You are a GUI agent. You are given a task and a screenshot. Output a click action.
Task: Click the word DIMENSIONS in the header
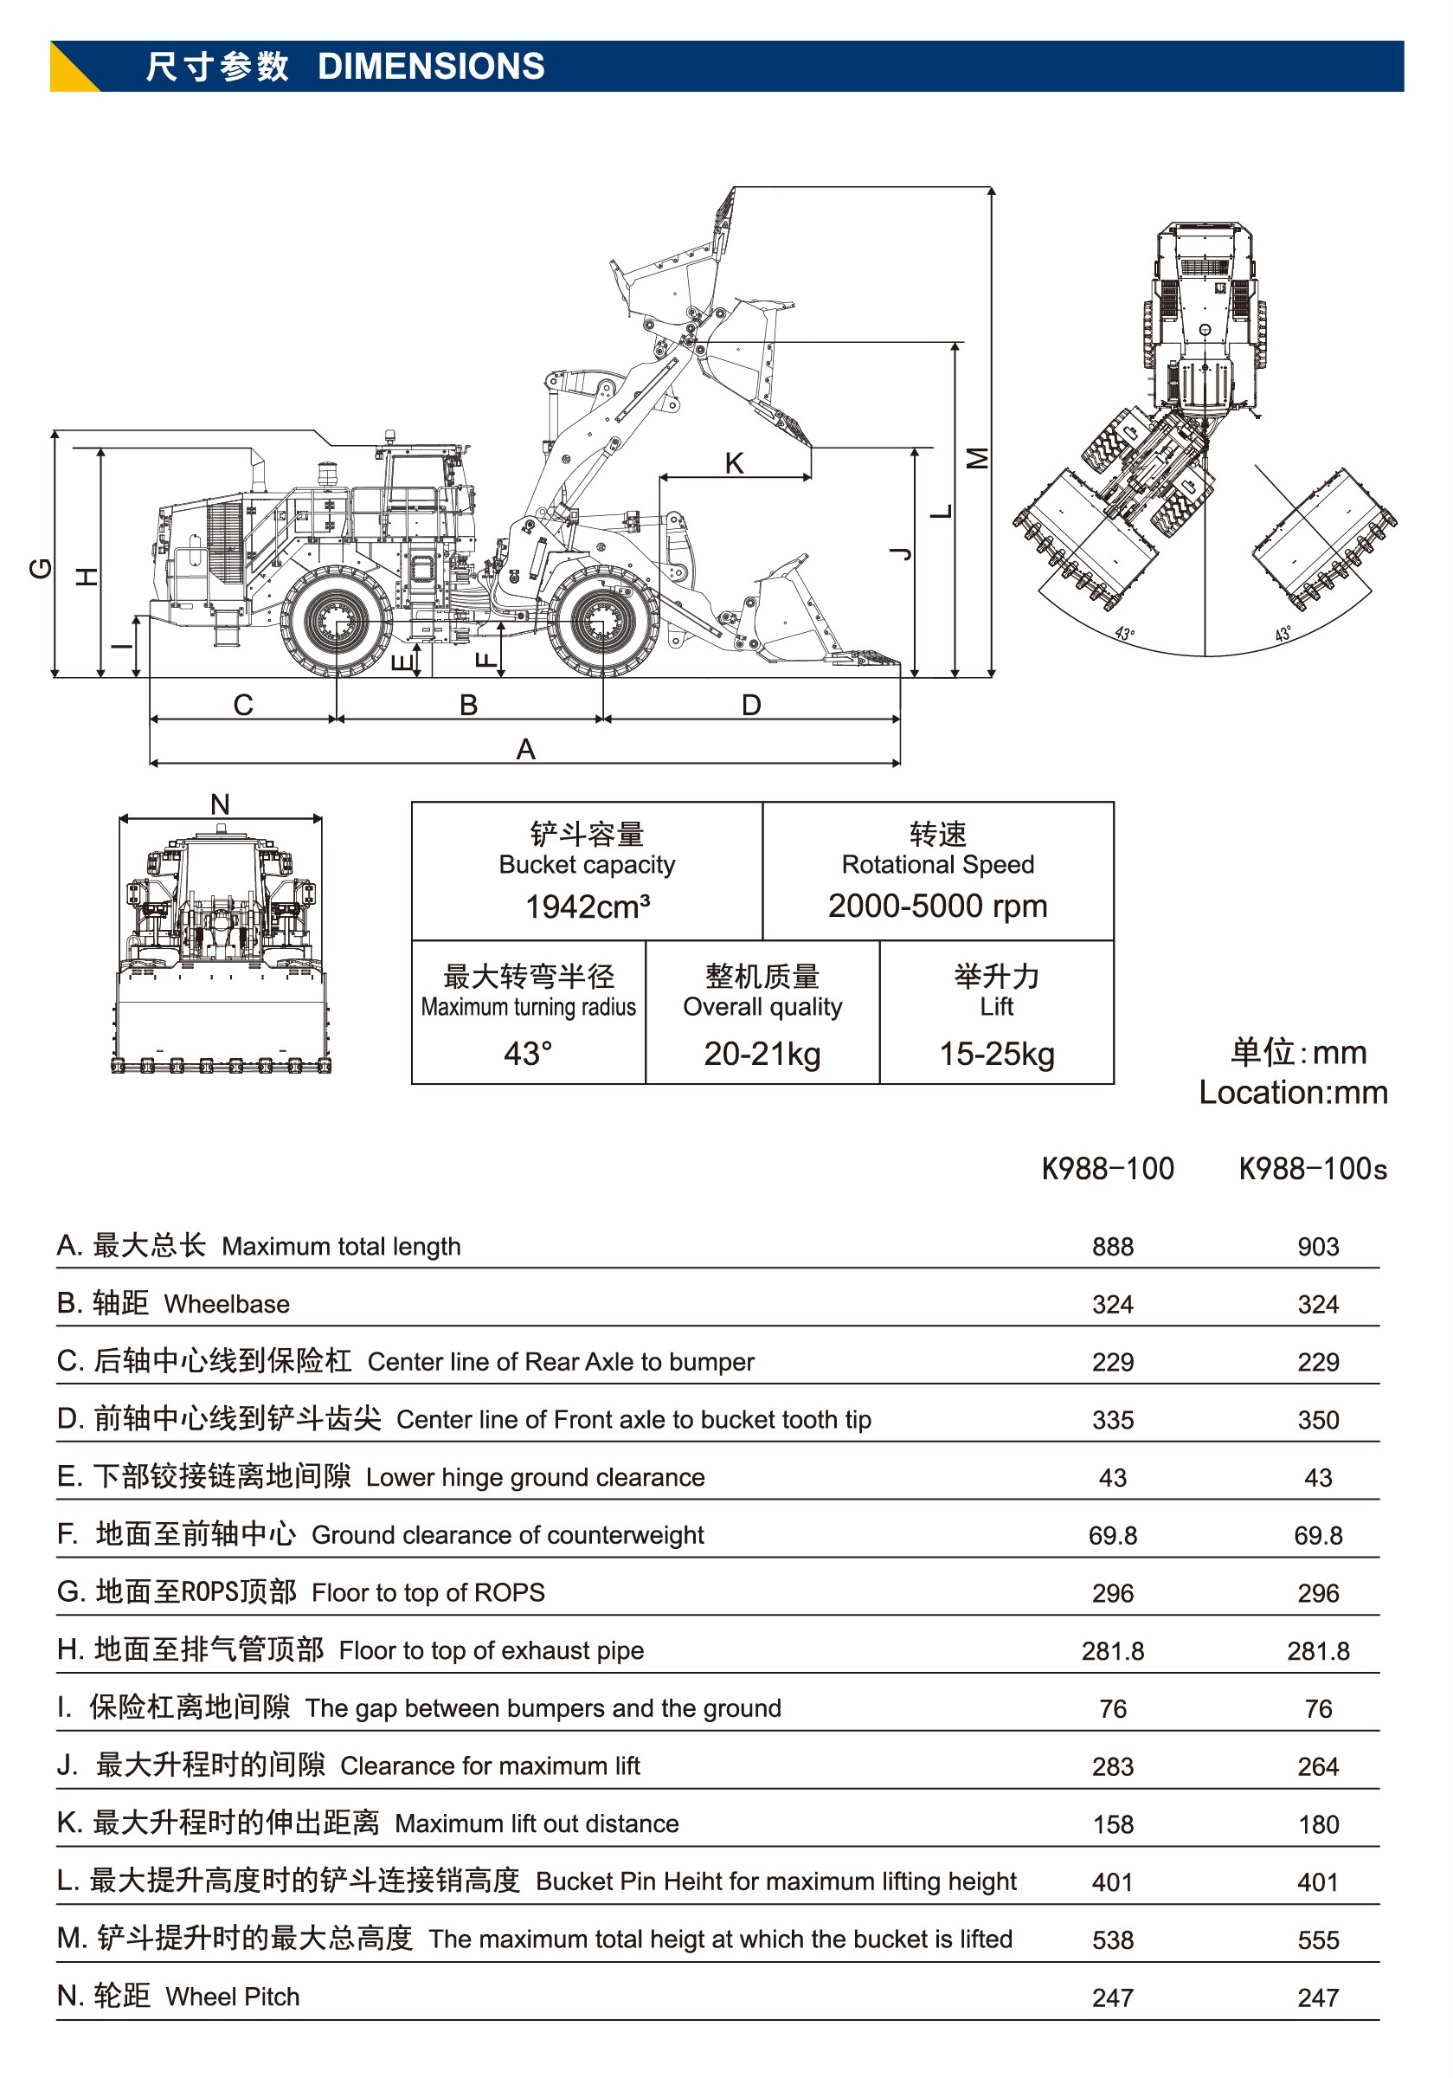click(431, 66)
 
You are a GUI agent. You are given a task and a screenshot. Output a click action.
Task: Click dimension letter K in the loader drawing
click(734, 462)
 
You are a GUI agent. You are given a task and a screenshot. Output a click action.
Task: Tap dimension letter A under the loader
click(525, 750)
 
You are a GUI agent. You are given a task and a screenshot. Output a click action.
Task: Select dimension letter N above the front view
click(220, 803)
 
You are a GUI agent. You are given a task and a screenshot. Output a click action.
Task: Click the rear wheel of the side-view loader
click(336, 622)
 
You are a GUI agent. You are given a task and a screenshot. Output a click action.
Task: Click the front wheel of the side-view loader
click(602, 622)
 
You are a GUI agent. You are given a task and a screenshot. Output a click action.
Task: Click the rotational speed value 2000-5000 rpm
click(937, 905)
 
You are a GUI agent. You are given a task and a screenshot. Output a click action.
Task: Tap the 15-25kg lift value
click(996, 1054)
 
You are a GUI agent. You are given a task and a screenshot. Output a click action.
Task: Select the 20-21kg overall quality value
click(762, 1054)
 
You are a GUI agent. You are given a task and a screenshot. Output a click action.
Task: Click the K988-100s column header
click(1312, 1168)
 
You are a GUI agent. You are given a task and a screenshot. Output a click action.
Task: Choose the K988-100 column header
click(1108, 1168)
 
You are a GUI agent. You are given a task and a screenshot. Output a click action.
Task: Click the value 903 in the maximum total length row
click(1318, 1246)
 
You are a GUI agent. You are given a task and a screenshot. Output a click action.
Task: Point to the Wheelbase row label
click(226, 1304)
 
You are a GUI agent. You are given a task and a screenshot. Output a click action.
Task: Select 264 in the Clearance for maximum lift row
click(1318, 1765)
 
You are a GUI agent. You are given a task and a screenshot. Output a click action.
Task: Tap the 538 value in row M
click(1113, 1939)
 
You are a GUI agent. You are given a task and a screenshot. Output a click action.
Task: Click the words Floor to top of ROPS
click(428, 1593)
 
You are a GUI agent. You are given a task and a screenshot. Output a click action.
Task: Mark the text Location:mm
click(1293, 1093)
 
